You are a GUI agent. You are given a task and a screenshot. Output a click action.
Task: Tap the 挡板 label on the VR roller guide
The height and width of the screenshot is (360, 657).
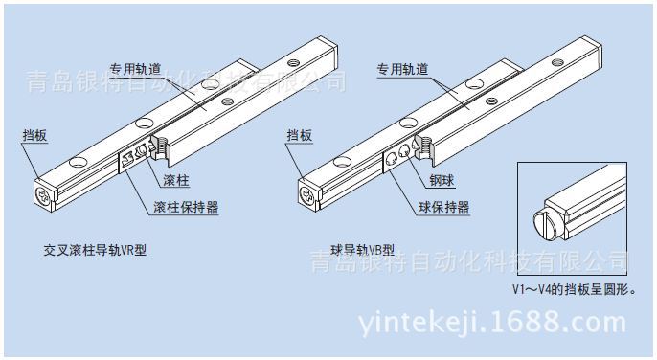point(34,135)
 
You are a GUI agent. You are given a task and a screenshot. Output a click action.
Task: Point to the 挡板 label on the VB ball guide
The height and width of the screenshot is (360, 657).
point(299,135)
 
